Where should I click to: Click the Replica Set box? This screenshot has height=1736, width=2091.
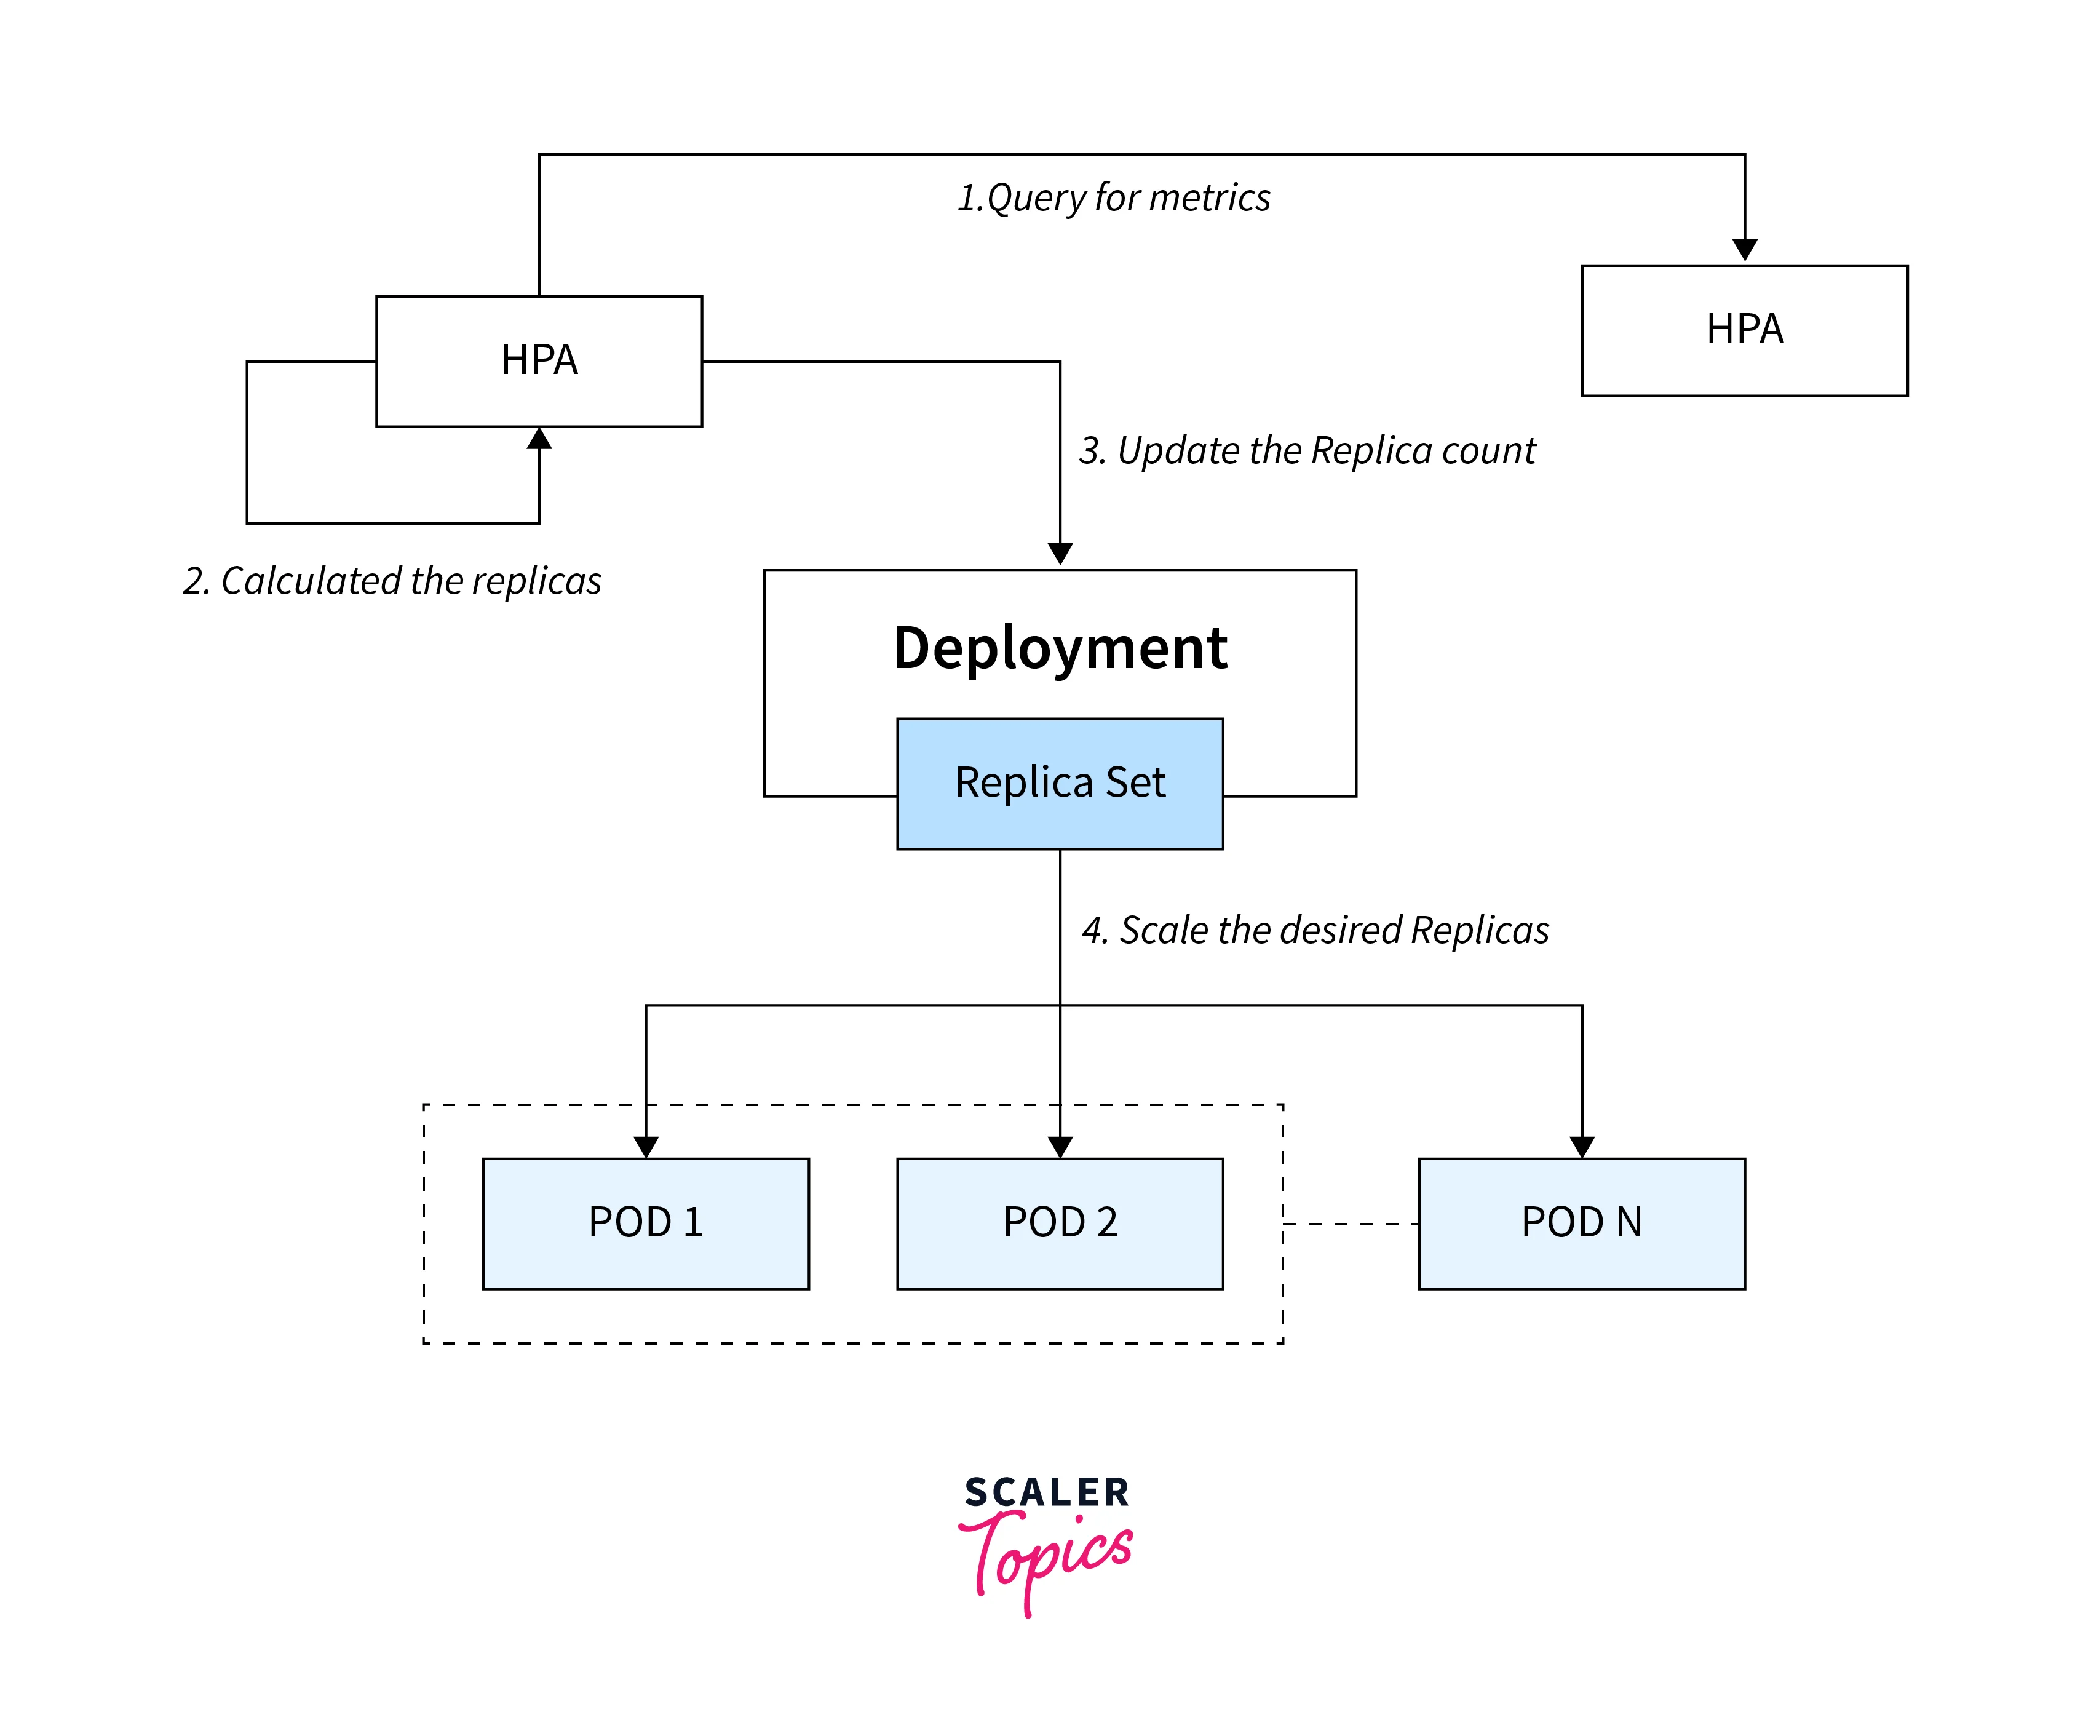[1060, 783]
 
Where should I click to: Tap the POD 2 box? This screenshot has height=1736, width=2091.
[1060, 1223]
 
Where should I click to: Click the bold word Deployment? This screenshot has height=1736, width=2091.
[1060, 648]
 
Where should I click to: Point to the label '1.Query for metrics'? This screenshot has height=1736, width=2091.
[1113, 197]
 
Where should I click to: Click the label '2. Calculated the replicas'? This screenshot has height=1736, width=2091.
[392, 581]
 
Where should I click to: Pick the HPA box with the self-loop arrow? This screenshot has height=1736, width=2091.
[539, 360]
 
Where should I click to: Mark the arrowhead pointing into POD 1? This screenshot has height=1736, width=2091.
[646, 1147]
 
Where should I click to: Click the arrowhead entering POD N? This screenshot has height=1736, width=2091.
[1582, 1147]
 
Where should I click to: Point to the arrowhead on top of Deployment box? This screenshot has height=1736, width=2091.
[1060, 554]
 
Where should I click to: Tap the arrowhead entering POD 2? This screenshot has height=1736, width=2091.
[1060, 1147]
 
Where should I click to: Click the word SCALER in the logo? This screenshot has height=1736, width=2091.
[1047, 1492]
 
